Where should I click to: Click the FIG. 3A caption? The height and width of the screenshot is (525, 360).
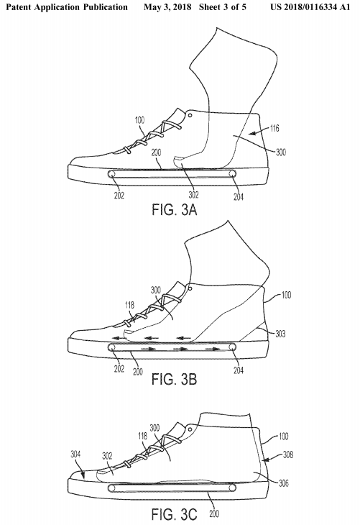[175, 209]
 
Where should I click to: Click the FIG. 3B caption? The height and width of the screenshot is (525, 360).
[175, 379]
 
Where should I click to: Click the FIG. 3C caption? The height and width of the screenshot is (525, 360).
[175, 514]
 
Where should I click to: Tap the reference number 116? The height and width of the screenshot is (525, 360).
[274, 128]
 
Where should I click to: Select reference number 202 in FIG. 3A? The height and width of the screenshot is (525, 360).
[119, 195]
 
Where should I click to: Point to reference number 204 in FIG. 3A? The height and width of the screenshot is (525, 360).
[239, 196]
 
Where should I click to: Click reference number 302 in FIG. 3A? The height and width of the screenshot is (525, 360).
[193, 195]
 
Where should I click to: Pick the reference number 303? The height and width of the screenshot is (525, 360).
[280, 334]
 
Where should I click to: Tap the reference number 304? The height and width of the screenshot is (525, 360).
[75, 455]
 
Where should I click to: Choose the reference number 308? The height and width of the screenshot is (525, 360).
[288, 455]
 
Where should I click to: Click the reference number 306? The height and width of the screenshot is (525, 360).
[283, 483]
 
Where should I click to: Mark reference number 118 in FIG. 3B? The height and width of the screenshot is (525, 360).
[129, 305]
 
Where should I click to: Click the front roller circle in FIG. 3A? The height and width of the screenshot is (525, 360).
[112, 174]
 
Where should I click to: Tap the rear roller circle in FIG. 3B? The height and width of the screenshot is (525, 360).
[233, 347]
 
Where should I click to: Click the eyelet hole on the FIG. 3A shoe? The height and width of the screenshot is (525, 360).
[190, 116]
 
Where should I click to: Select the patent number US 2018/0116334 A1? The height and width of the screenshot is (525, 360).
[310, 7]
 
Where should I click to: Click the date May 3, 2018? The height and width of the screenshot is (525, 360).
[167, 7]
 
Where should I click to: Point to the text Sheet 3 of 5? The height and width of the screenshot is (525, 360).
[223, 7]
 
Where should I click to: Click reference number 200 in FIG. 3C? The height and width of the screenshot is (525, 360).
[213, 513]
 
